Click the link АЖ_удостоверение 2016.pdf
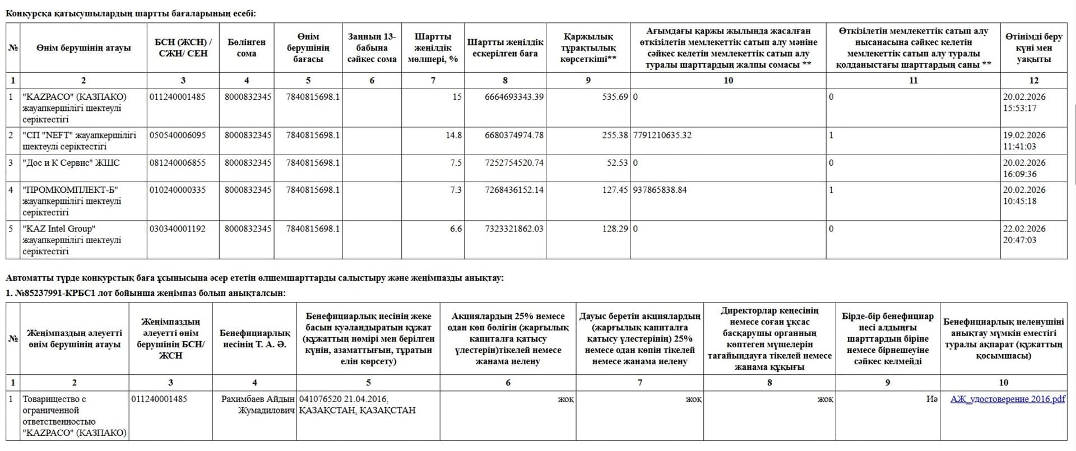click(1007, 399)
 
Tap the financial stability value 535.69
click(615, 97)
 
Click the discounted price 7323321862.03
click(514, 229)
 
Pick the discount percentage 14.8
click(453, 135)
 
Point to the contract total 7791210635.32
click(662, 135)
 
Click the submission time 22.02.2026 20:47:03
click(1024, 234)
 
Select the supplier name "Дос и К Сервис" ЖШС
click(71, 162)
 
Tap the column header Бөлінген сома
click(247, 48)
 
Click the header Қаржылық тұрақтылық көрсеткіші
click(588, 48)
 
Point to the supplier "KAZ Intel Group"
click(59, 229)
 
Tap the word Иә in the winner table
click(931, 399)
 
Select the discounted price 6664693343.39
click(514, 97)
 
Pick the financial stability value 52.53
click(617, 162)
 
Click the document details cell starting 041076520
click(357, 404)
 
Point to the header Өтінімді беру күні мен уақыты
click(1033, 48)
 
